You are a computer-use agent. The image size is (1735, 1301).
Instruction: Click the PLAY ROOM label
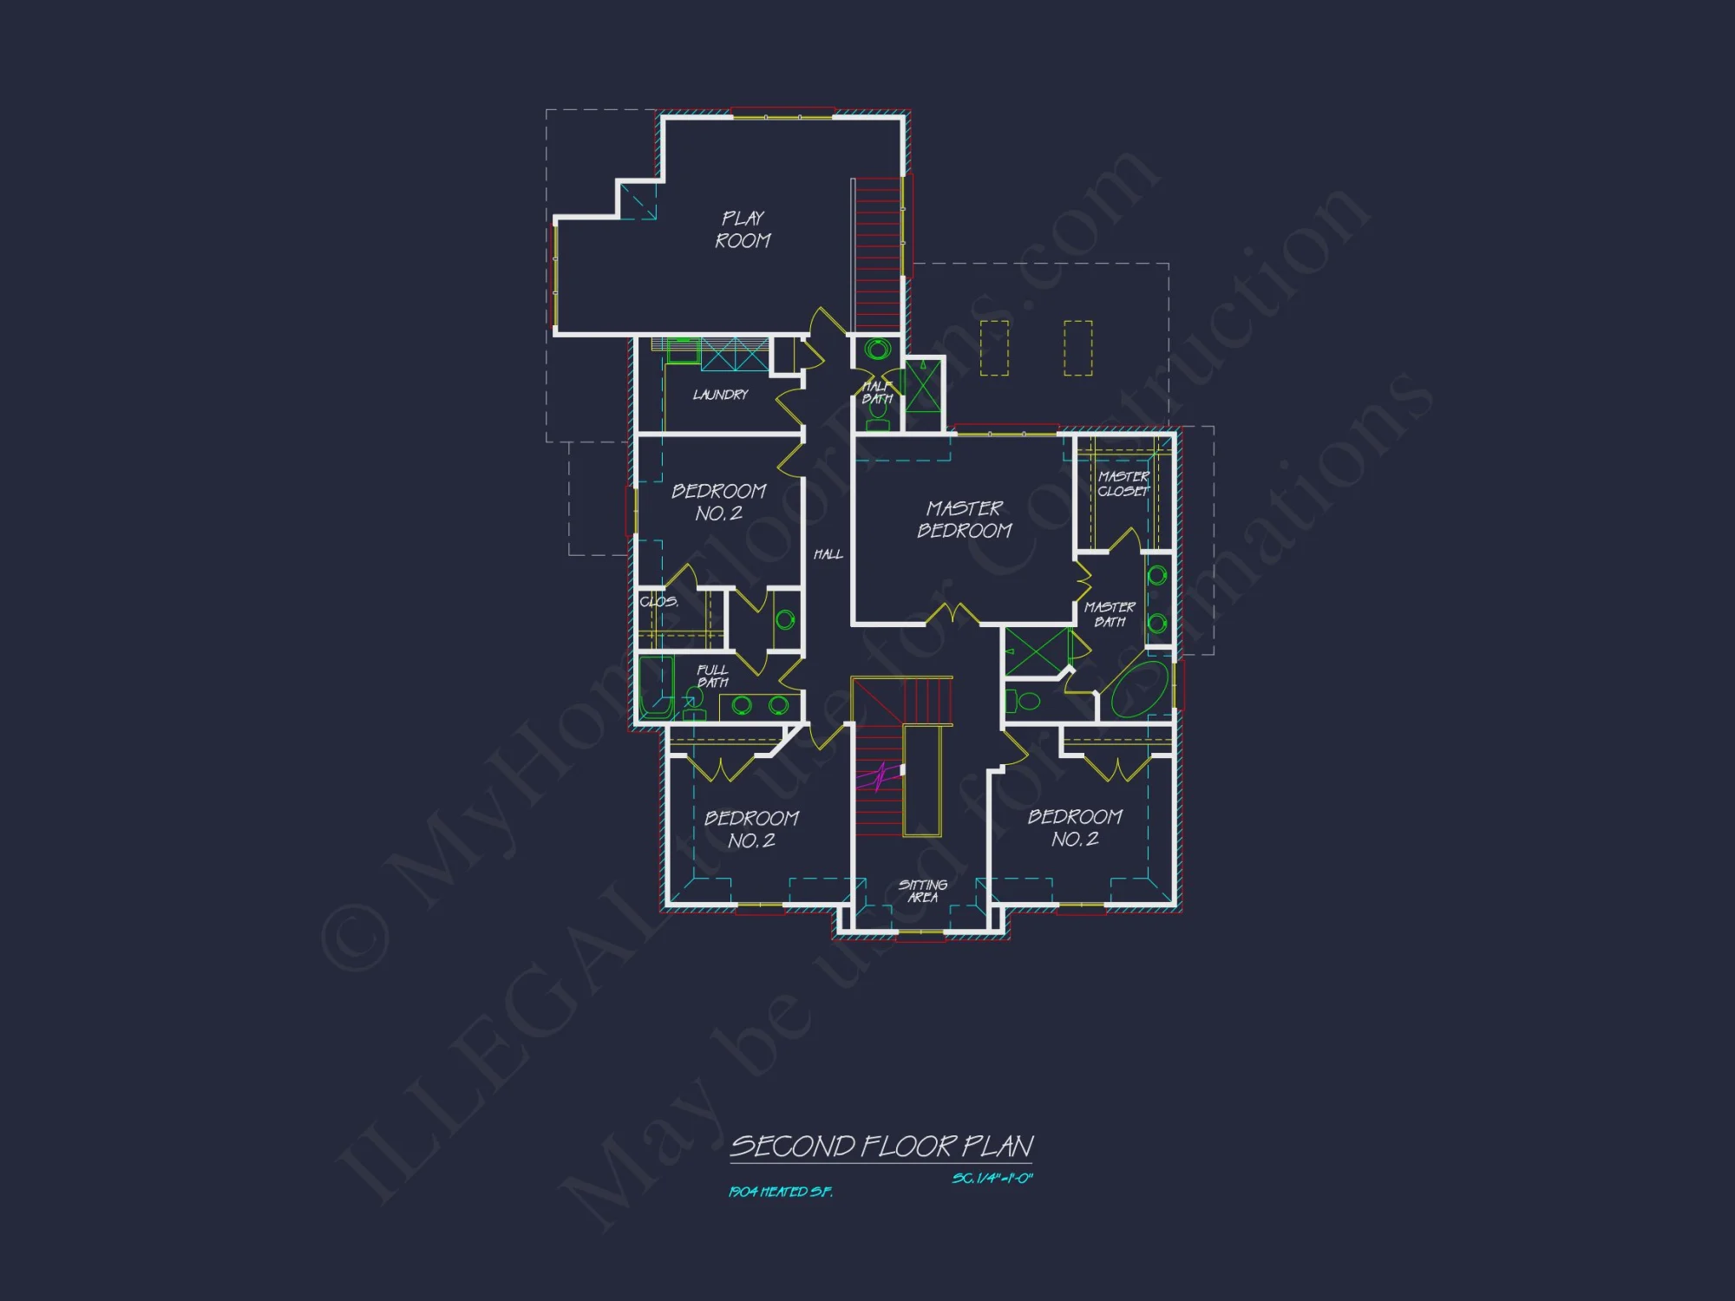pyautogui.click(x=743, y=230)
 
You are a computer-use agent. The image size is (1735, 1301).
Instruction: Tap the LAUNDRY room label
pyautogui.click(x=720, y=396)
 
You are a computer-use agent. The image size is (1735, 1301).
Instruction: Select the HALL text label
pyautogui.click(x=828, y=554)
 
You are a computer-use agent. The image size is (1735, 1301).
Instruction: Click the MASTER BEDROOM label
pyautogui.click(x=964, y=520)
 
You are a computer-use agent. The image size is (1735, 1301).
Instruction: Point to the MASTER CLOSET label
pyautogui.click(x=1123, y=484)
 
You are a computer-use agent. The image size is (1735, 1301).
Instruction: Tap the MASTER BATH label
pyautogui.click(x=1110, y=614)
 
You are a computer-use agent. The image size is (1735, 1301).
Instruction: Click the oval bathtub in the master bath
pyautogui.click(x=1140, y=690)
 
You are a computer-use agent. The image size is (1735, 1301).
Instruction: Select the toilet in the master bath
pyautogui.click(x=1025, y=701)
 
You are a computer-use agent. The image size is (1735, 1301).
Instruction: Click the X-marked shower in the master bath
pyautogui.click(x=1037, y=652)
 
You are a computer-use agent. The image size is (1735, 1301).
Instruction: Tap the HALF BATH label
pyautogui.click(x=877, y=393)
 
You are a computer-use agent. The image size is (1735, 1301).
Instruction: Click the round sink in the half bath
pyautogui.click(x=877, y=350)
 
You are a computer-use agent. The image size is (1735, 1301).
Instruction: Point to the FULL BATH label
pyautogui.click(x=712, y=676)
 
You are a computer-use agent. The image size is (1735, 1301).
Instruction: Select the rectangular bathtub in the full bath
pyautogui.click(x=656, y=687)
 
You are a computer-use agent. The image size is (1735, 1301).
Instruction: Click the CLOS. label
pyautogui.click(x=658, y=602)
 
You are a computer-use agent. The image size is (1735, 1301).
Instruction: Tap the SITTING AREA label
pyautogui.click(x=922, y=891)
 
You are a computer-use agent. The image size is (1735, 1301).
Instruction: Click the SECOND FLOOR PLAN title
pyautogui.click(x=881, y=1147)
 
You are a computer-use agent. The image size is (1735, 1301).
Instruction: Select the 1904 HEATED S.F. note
pyautogui.click(x=780, y=1193)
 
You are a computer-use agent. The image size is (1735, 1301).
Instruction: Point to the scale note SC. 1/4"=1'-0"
pyautogui.click(x=992, y=1179)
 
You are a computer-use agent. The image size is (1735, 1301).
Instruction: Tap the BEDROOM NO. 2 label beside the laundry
pyautogui.click(x=718, y=502)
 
